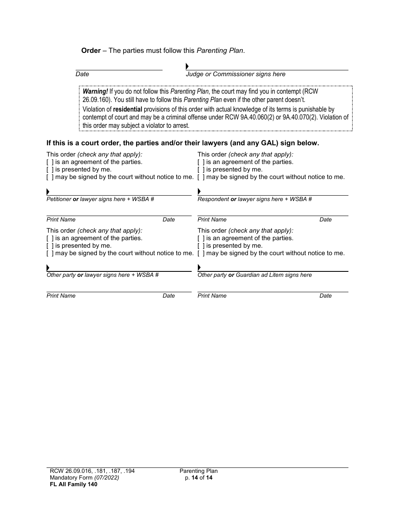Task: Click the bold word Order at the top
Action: [91, 51]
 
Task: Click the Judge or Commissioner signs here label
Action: [235, 74]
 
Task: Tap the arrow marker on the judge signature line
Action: [187, 67]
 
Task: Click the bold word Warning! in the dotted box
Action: [95, 91]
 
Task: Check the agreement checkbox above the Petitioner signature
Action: [50, 162]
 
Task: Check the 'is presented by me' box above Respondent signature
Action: [201, 170]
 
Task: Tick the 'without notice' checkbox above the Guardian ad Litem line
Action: [201, 253]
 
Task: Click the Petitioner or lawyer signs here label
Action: [100, 199]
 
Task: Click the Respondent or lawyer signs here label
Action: [254, 199]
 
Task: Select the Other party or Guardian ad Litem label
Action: [254, 275]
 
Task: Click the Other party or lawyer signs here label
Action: [102, 275]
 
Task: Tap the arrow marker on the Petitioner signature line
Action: [48, 192]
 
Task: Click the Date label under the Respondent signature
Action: [326, 220]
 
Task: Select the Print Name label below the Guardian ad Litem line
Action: [212, 296]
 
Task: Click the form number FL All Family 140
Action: [72, 484]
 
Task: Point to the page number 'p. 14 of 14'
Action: [199, 478]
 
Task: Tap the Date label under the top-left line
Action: [82, 74]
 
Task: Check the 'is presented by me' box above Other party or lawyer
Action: [50, 246]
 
